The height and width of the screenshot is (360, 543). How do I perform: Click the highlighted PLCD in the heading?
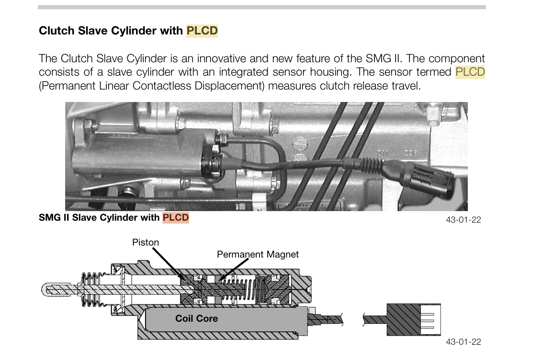[x=202, y=31]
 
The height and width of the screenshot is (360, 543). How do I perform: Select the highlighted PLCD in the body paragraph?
[x=470, y=72]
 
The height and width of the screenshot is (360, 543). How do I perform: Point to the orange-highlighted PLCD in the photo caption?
[x=176, y=218]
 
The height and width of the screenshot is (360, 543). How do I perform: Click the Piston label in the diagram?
[x=146, y=242]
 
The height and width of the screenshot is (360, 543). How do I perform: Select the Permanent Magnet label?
[x=258, y=254]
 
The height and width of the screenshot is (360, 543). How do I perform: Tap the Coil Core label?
[x=196, y=318]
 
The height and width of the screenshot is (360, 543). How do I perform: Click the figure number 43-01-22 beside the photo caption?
[x=463, y=220]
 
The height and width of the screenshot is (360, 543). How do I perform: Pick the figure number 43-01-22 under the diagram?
[x=463, y=342]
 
